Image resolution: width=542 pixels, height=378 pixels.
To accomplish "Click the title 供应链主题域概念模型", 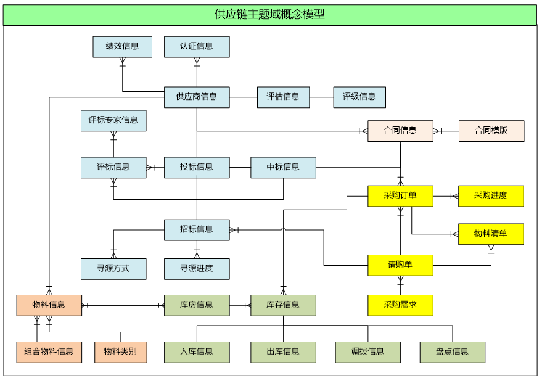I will point(270,15).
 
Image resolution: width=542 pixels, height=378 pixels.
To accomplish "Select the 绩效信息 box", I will point(122,46).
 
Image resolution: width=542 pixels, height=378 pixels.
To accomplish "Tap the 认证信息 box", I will point(197,46).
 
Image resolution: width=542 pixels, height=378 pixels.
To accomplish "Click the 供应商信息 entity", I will point(197,97).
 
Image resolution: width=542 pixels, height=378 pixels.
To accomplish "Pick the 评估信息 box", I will point(283,97).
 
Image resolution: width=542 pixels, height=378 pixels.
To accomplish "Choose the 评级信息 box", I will point(359,97).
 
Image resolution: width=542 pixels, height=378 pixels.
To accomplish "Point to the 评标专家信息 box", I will point(113,120).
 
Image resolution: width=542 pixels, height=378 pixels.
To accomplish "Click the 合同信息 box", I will point(400,131).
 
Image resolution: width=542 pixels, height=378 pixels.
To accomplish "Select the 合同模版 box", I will point(491,131).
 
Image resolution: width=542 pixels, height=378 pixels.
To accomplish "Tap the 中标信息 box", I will point(283,167).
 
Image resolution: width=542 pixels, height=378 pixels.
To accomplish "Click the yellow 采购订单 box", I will point(400,196).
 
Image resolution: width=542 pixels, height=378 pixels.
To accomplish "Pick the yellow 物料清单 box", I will point(491,234).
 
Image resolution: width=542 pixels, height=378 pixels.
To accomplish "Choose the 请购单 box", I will point(400,265).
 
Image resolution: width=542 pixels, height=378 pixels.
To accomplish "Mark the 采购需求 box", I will point(400,305).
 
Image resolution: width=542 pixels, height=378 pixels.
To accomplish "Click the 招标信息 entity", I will point(197,230).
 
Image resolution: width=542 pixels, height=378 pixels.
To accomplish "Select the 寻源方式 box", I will point(113,269).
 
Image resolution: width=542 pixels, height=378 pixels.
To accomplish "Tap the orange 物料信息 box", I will point(49,305).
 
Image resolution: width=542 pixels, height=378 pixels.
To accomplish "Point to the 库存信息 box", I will point(283,305).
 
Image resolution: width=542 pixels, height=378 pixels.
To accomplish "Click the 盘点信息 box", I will point(452,352).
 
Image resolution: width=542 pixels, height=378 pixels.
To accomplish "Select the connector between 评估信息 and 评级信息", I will point(321,97).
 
